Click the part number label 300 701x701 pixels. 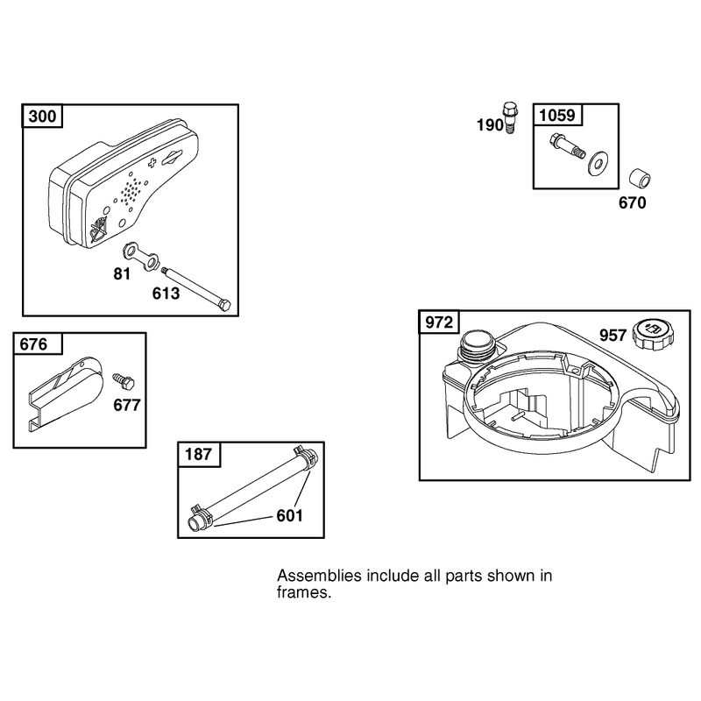coord(42,117)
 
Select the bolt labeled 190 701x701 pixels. coord(509,117)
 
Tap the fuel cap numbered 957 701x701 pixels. coord(653,334)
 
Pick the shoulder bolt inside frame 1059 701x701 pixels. coord(567,146)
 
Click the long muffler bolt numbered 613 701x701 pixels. coord(196,289)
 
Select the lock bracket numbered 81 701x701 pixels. coord(140,256)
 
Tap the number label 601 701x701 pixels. coord(290,515)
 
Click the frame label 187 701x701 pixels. coord(198,454)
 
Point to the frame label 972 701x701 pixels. coord(439,322)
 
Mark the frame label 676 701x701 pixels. coord(33,344)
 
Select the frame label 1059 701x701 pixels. coord(557,116)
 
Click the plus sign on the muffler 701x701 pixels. coord(152,163)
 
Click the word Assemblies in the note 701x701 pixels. coord(319,576)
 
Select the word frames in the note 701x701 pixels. coord(304,592)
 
